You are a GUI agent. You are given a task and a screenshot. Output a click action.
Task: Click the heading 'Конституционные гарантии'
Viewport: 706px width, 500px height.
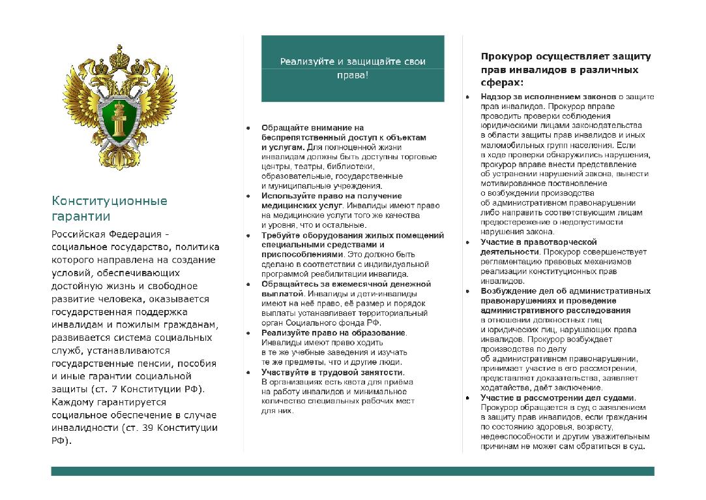[x=109, y=208]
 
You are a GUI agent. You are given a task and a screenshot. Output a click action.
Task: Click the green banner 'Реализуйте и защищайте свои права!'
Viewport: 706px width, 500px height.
[x=353, y=69]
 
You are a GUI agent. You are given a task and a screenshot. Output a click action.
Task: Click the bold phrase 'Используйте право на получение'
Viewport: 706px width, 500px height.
[x=331, y=196]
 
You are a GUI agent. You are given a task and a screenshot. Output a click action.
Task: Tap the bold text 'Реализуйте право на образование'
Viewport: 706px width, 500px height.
[x=333, y=333]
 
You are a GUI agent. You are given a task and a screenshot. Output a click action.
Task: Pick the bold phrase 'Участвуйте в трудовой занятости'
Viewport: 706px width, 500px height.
[x=332, y=372]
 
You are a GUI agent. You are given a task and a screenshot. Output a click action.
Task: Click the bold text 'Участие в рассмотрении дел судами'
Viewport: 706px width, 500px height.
[x=557, y=398]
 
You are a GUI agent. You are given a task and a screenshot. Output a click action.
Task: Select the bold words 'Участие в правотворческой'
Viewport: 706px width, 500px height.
[x=538, y=242]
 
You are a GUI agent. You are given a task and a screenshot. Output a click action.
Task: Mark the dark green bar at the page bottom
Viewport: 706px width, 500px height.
[x=353, y=471]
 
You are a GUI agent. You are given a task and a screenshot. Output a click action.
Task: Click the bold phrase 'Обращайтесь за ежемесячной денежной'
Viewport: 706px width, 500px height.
[x=346, y=284]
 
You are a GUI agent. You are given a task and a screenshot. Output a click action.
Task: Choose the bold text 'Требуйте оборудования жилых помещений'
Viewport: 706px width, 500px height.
[x=352, y=235]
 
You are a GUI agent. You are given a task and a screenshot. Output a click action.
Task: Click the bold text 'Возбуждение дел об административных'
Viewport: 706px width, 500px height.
[x=565, y=290]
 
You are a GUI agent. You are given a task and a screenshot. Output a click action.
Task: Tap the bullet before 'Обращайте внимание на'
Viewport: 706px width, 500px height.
[x=248, y=128]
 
